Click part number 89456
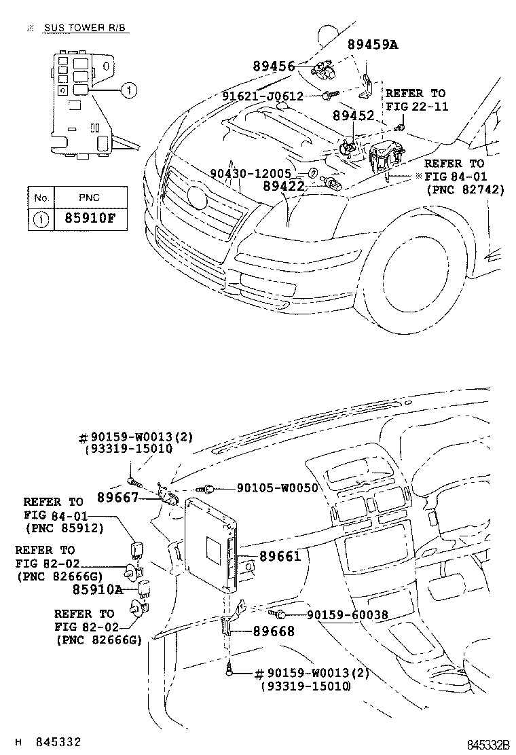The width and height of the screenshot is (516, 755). [274, 66]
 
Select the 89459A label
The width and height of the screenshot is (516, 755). [372, 45]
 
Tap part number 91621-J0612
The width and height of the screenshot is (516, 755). [262, 96]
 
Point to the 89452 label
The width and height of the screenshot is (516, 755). [354, 116]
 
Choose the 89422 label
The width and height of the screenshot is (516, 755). [284, 184]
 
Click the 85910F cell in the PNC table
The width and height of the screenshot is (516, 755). [89, 219]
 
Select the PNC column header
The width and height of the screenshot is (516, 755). [89, 198]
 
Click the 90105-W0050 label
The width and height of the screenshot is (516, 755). [277, 487]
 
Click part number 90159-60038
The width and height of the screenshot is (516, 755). [347, 614]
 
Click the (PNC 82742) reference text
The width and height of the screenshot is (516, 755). [465, 190]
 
